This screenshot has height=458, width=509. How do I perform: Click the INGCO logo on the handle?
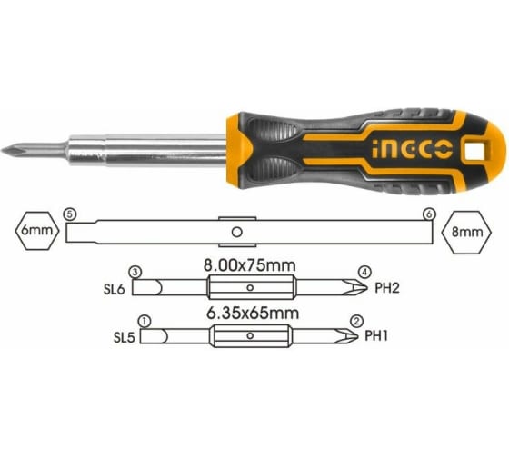tap(413, 150)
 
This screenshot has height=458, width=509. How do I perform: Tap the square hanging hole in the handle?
tap(474, 150)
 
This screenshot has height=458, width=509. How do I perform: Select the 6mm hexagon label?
tap(36, 231)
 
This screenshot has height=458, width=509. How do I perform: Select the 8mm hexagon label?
tap(467, 232)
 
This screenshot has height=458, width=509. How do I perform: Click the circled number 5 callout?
tap(70, 214)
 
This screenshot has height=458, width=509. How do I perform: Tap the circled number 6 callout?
tap(429, 214)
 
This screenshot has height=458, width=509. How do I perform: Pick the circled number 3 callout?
tap(135, 272)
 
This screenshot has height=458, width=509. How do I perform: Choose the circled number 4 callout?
tap(364, 272)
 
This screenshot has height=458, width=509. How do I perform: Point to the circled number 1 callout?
tap(145, 322)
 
